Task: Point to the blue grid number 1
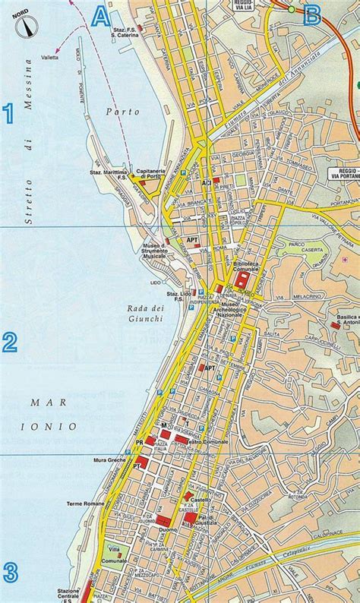click(x=9, y=113)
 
